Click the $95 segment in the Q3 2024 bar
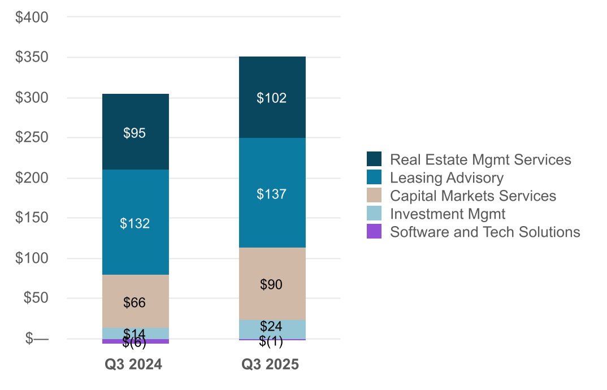coord(135,132)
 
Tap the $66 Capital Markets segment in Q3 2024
coord(135,302)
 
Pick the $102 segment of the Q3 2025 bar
coord(272,98)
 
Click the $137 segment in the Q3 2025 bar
coord(272,193)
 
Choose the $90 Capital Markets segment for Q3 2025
coord(272,284)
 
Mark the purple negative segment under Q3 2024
coord(135,341)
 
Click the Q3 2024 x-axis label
coord(134,365)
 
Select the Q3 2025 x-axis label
coord(270,365)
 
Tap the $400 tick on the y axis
coord(32,18)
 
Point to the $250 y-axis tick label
coord(32,138)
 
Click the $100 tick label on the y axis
coord(32,258)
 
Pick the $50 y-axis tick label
coord(35,298)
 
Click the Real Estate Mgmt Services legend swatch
coord(374,159)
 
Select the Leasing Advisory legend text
coord(446,178)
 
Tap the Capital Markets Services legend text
coord(473,196)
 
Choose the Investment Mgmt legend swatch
coord(374,214)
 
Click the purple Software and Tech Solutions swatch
coord(374,232)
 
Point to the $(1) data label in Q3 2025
coord(271,341)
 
